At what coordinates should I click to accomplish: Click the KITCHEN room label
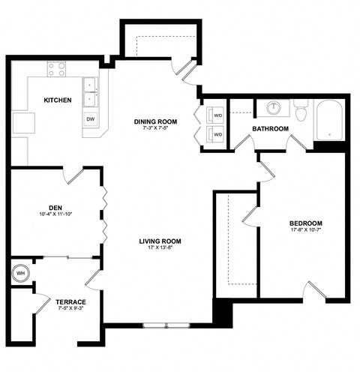(57, 100)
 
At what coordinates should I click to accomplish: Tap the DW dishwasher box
(91, 119)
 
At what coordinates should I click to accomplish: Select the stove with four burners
(56, 70)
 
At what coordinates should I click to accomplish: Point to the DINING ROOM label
(154, 121)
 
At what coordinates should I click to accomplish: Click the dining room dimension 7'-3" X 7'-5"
(154, 129)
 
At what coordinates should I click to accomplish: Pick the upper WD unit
(218, 116)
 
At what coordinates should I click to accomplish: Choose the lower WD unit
(218, 134)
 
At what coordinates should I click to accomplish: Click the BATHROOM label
(270, 129)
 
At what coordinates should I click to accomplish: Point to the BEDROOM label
(306, 223)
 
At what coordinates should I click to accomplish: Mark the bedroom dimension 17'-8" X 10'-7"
(306, 232)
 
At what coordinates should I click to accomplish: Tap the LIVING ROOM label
(160, 241)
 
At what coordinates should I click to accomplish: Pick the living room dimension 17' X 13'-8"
(160, 249)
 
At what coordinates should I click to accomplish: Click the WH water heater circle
(19, 272)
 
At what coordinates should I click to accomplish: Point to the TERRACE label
(71, 301)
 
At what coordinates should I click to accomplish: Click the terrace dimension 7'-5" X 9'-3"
(71, 309)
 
